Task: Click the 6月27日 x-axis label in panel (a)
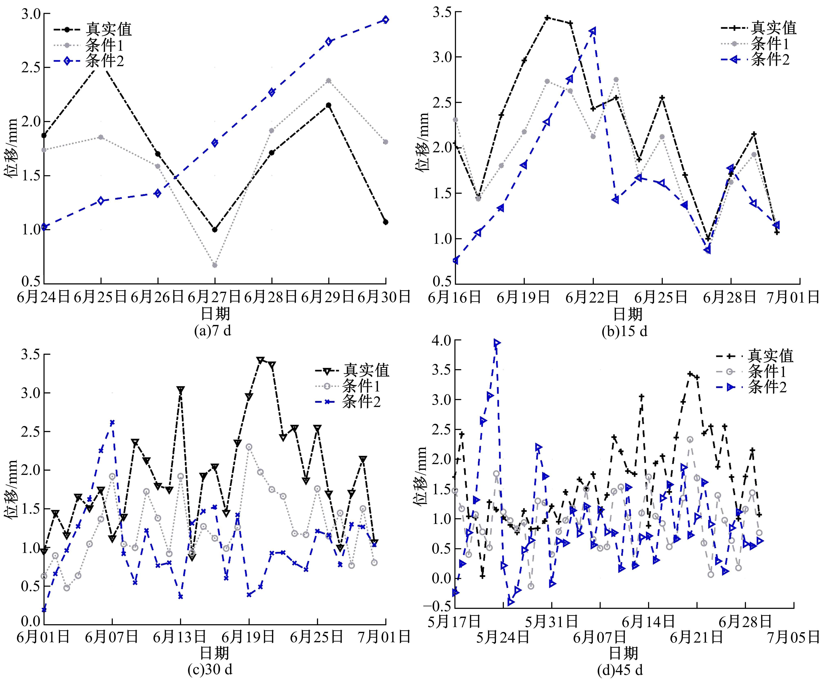(x=215, y=297)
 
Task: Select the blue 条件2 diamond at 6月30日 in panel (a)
(x=386, y=20)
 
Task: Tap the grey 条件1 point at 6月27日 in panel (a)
(x=215, y=265)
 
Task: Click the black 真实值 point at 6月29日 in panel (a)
(x=328, y=105)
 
